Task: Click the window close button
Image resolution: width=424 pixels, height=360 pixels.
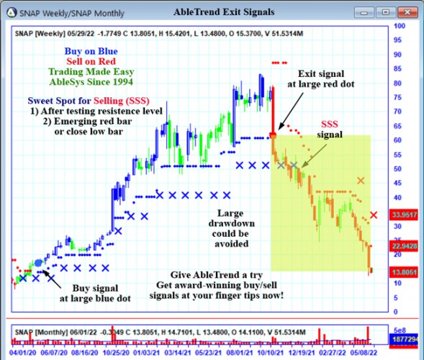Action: [x=410, y=12]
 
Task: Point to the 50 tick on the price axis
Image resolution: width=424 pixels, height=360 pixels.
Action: [x=396, y=168]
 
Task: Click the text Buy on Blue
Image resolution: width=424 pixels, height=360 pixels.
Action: [x=91, y=51]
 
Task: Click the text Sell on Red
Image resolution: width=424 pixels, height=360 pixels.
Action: [x=91, y=62]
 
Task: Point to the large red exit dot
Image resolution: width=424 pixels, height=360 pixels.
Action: [x=274, y=135]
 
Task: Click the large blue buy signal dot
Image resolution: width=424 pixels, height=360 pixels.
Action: [x=38, y=264]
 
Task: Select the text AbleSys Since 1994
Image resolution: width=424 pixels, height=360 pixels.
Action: [x=91, y=84]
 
